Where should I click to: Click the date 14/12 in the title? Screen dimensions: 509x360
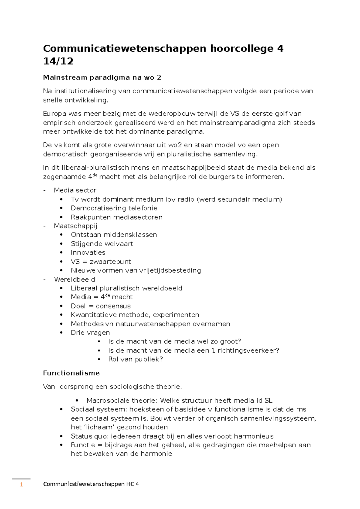pyautogui.click(x=58, y=61)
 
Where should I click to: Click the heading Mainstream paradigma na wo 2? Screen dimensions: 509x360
pyautogui.click(x=102, y=78)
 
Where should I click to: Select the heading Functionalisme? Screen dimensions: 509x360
pyautogui.click(x=71, y=373)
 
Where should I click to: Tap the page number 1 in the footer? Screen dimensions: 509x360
pyautogui.click(x=21, y=484)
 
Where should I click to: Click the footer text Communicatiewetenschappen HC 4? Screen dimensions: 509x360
pyautogui.click(x=91, y=484)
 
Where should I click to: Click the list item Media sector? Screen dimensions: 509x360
pyautogui.click(x=75, y=190)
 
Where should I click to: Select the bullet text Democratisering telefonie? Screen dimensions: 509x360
pyautogui.click(x=114, y=208)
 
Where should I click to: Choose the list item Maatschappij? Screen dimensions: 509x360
pyautogui.click(x=76, y=226)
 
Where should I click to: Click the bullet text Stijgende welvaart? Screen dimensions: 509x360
pyautogui.click(x=102, y=244)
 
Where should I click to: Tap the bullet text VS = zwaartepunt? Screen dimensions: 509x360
pyautogui.click(x=101, y=261)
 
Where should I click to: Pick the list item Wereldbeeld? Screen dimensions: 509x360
pyautogui.click(x=74, y=279)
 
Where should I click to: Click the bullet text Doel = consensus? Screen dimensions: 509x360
pyautogui.click(x=100, y=306)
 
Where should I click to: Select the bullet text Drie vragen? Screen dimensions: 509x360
pyautogui.click(x=90, y=333)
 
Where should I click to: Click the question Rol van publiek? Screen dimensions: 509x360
pyautogui.click(x=135, y=359)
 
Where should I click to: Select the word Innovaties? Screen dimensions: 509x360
pyautogui.click(x=88, y=252)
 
